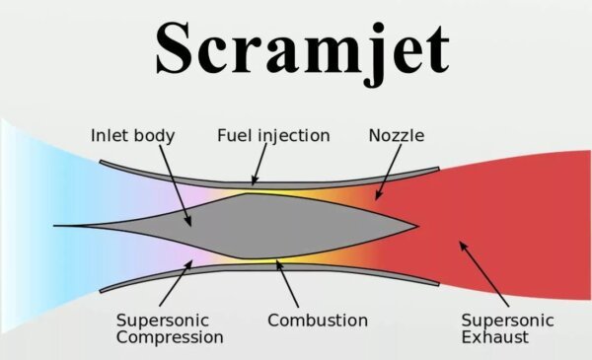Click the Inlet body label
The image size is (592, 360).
coord(132,135)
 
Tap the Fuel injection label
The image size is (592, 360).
coord(273,135)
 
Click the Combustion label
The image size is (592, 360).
coord(318,321)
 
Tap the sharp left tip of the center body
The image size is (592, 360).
coord(57,226)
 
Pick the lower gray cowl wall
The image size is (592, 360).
coord(296,268)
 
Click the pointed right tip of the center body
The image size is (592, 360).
coord(416,226)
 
